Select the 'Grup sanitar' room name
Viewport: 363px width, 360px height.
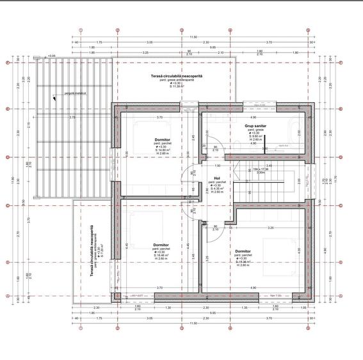255,126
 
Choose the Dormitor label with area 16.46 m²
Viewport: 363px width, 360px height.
161,245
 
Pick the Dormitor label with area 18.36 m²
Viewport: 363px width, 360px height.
243,251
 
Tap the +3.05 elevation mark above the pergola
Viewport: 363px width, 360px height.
51,56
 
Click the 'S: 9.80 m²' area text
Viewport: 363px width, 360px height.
255,136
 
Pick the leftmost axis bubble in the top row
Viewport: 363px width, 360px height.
81,30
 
